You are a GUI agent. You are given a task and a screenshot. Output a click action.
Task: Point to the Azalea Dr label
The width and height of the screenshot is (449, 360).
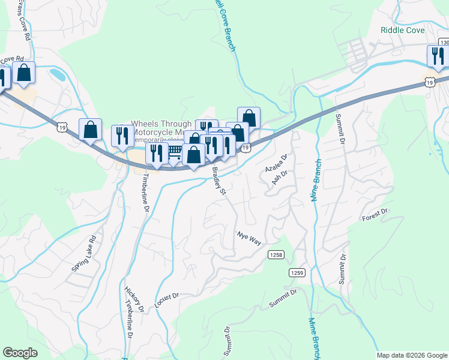coord(277,163)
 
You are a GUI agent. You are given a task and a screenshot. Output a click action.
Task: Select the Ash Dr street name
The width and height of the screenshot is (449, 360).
coord(280,178)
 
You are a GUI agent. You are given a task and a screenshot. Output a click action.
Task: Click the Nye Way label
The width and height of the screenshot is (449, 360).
coord(249,238)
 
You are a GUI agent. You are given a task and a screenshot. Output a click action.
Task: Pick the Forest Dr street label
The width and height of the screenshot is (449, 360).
coord(376,215)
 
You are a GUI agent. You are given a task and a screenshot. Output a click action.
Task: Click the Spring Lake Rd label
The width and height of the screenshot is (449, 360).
coord(84,253)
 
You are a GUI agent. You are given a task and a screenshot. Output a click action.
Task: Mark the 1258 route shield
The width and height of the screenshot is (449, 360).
coord(276,254)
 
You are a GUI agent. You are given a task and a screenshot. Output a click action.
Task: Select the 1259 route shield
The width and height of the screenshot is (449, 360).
coord(298,272)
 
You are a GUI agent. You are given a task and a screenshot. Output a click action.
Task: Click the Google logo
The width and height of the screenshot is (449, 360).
coord(20,352)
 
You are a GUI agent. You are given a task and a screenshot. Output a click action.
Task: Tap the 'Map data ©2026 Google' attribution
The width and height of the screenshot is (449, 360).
coord(412,355)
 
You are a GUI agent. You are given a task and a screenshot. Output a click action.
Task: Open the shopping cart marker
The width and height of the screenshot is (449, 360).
coord(175,152)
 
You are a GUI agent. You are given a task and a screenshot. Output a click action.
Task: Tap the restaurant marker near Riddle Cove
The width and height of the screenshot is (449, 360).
coord(437,56)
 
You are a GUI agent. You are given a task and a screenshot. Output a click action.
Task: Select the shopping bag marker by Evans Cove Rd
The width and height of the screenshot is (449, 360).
coord(24,73)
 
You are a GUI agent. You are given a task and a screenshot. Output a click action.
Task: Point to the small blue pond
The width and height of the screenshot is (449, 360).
coord(58,75)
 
